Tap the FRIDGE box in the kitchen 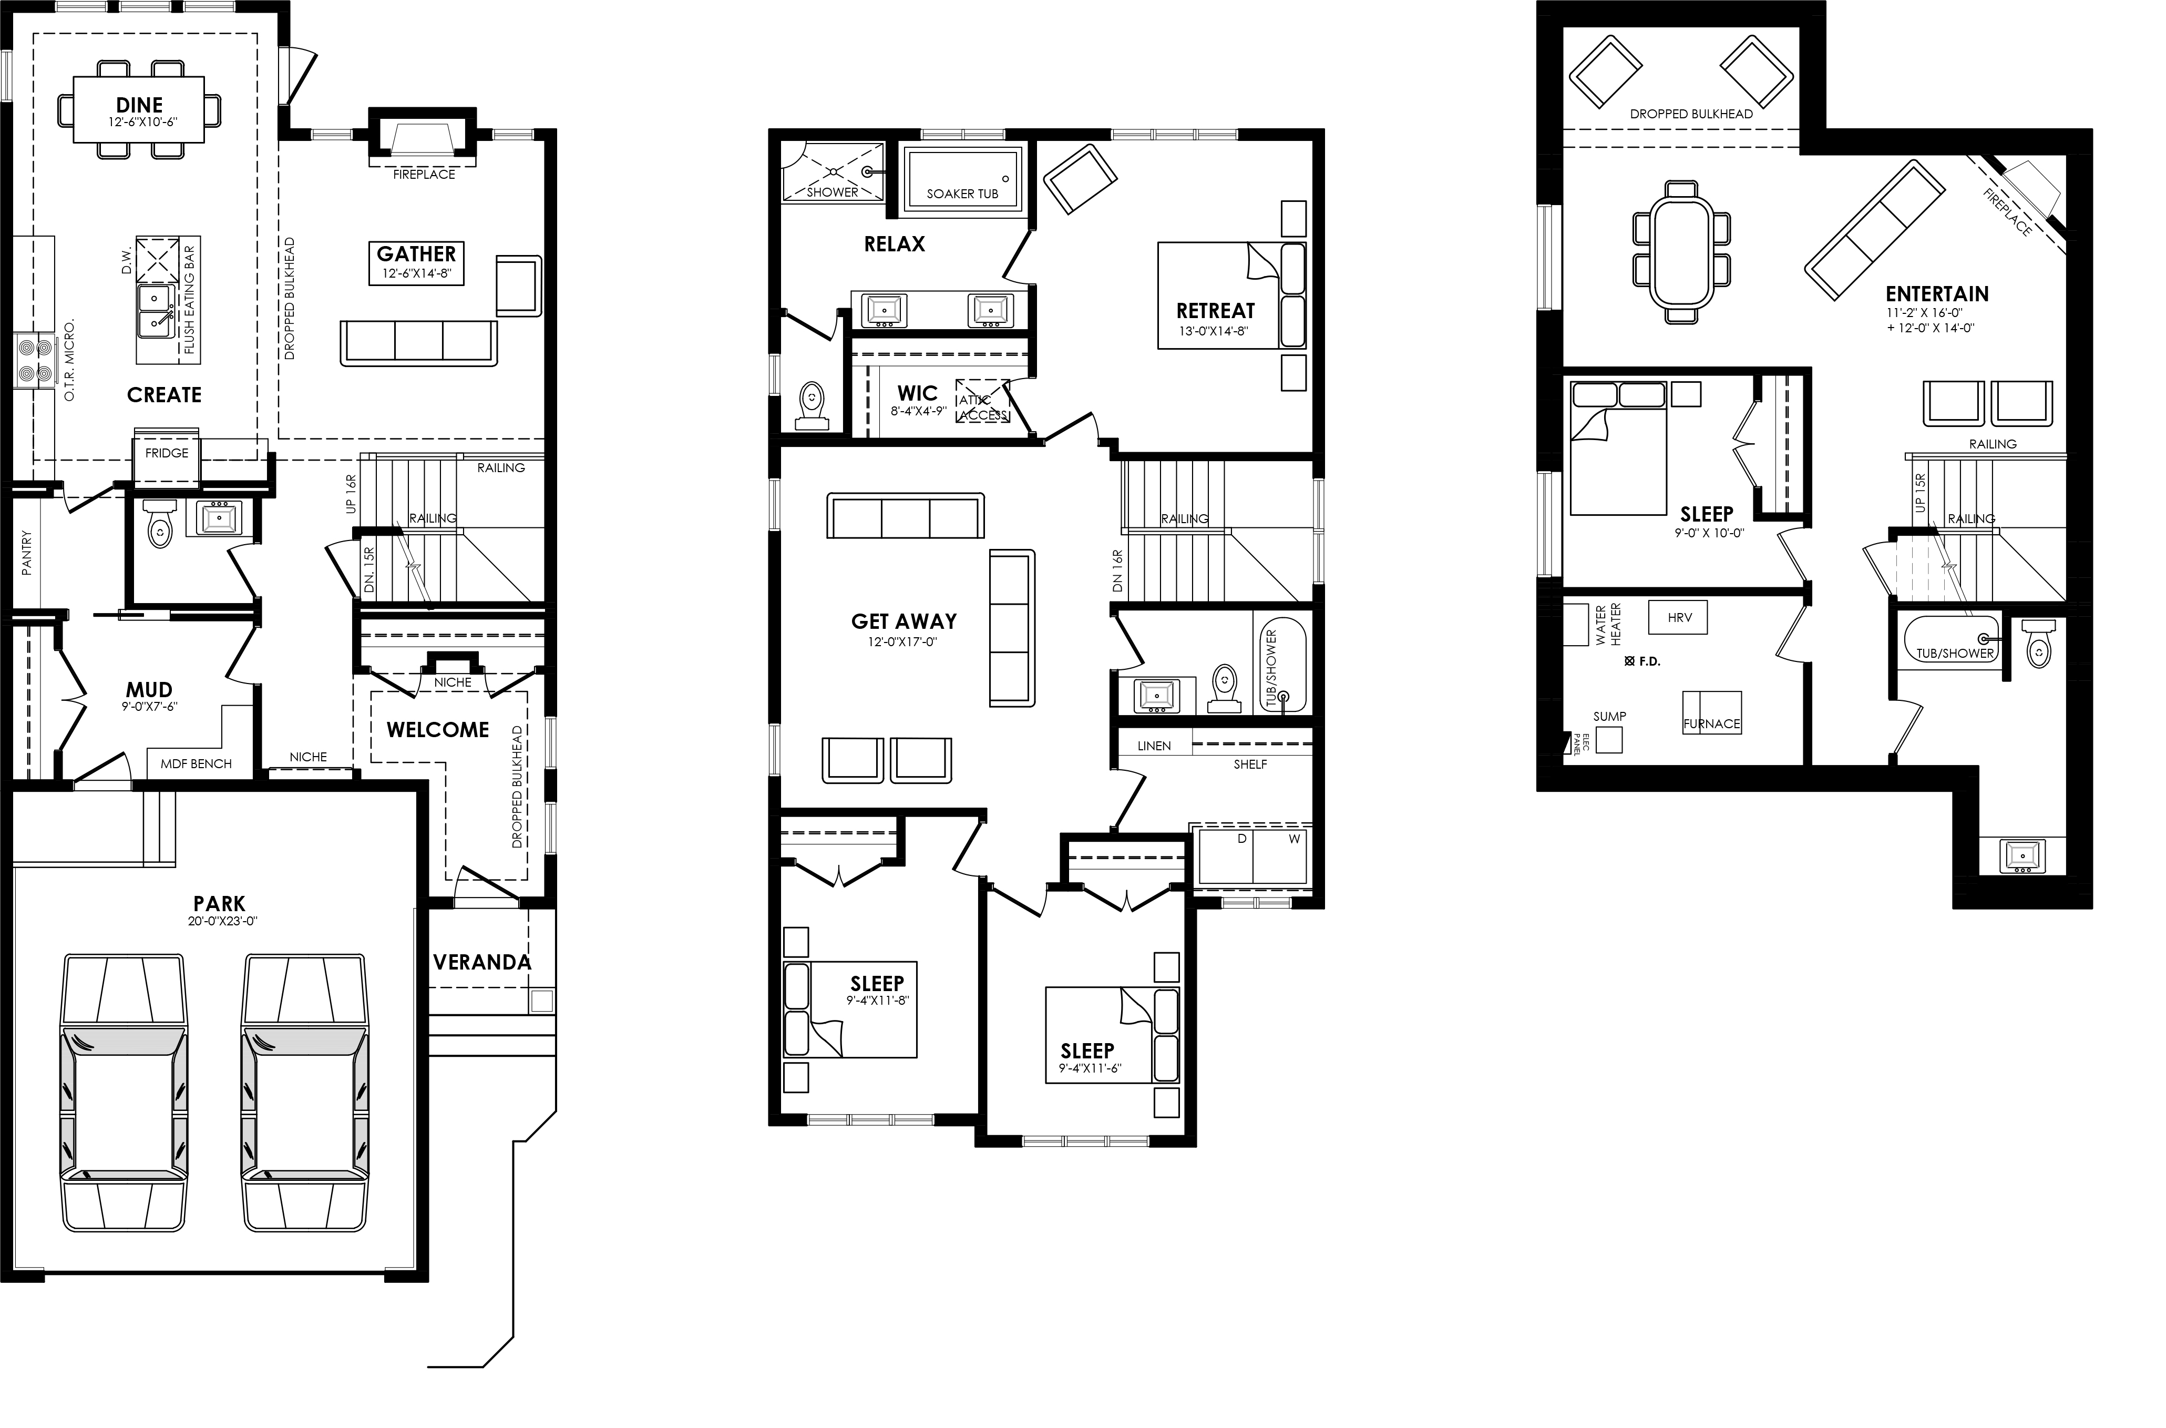point(167,453)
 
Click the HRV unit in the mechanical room point(1679,617)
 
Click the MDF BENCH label point(196,763)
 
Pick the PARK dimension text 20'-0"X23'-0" point(219,921)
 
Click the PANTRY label point(26,552)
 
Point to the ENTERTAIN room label point(1936,294)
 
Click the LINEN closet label point(1154,746)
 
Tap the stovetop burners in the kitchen point(35,361)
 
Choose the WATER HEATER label point(1608,625)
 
